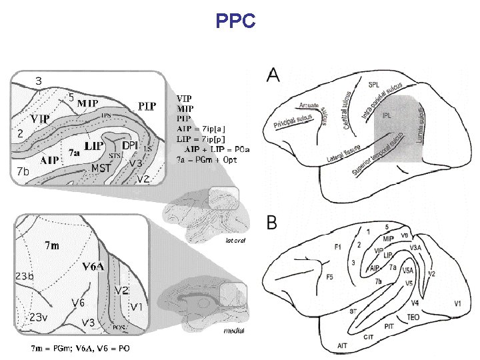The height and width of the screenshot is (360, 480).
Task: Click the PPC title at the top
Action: pyautogui.click(x=235, y=22)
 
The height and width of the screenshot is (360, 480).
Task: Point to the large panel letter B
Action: pyautogui.click(x=273, y=222)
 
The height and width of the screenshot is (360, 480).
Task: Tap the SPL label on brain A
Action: pyautogui.click(x=374, y=85)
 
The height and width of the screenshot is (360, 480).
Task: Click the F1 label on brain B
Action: pyautogui.click(x=337, y=247)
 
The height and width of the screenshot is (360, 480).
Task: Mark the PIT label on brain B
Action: pyautogui.click(x=389, y=326)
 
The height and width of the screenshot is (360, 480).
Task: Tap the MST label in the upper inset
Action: pyautogui.click(x=101, y=168)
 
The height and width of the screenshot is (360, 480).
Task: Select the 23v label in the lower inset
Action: pyautogui.click(x=37, y=317)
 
